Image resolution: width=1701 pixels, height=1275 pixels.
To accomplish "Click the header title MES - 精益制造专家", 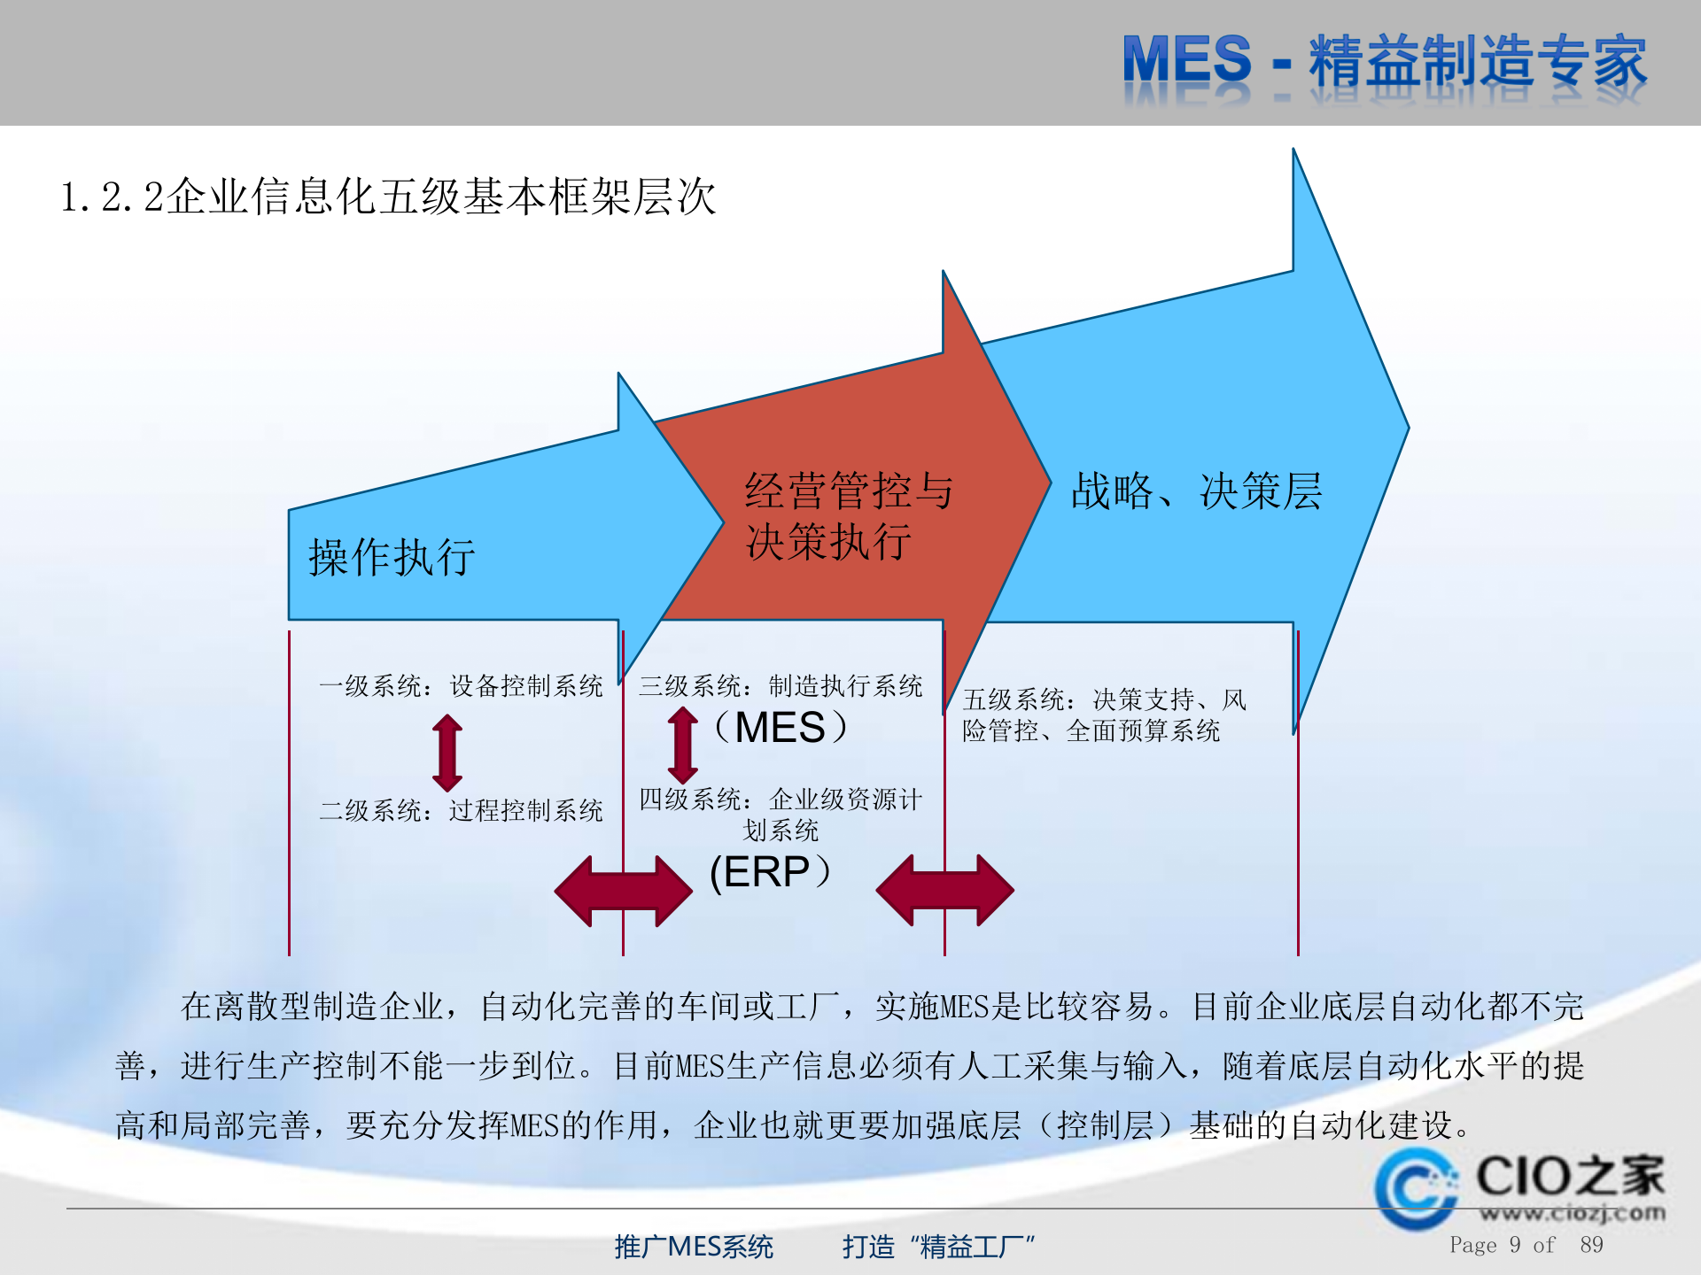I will click(x=1384, y=62).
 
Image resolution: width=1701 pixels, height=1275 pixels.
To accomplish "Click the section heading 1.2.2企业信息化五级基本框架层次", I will click(x=387, y=197).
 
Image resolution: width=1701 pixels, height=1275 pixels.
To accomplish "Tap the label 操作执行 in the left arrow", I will click(x=392, y=558).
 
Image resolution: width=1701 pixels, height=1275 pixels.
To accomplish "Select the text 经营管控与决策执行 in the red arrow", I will click(x=847, y=515).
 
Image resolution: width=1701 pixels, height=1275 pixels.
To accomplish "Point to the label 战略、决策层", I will click(x=1196, y=491).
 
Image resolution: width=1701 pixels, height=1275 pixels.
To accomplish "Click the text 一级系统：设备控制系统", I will click(x=461, y=686).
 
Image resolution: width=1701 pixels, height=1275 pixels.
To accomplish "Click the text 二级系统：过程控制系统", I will click(x=461, y=810).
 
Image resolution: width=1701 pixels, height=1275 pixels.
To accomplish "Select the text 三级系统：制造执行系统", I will click(x=781, y=686).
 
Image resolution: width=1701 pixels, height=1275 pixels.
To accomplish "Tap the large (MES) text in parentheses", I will click(x=781, y=728).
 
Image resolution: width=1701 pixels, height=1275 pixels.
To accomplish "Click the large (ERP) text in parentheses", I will click(x=770, y=872).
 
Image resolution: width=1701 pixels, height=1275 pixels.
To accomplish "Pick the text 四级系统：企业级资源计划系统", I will click(x=781, y=814).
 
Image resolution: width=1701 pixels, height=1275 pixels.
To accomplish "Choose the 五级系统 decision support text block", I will click(x=1103, y=715).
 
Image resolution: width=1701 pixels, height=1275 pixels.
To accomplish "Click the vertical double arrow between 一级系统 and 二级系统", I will click(x=447, y=753).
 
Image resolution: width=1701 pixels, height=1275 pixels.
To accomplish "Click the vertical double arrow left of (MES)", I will click(x=682, y=744).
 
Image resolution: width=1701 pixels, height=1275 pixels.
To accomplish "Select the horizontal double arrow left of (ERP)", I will click(x=623, y=891).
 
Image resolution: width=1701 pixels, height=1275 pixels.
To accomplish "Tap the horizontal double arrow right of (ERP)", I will click(x=944, y=891).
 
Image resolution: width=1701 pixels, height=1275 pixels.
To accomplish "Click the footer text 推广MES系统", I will click(x=694, y=1247).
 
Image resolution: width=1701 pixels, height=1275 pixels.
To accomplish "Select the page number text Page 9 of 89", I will click(x=1526, y=1245).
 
